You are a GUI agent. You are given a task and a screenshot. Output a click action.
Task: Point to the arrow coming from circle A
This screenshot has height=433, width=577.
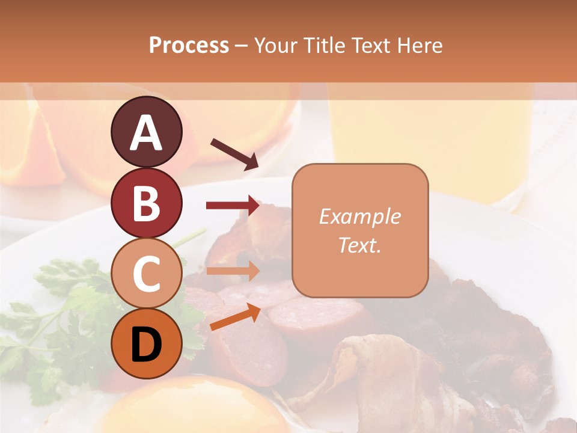(234, 154)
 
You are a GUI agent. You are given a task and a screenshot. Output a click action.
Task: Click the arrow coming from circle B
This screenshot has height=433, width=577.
(233, 206)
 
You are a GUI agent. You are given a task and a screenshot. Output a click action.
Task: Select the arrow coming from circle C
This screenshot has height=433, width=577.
(233, 271)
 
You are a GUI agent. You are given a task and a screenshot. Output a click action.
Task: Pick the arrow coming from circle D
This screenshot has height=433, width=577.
(235, 317)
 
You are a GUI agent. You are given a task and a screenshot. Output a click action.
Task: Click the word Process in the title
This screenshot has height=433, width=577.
(189, 46)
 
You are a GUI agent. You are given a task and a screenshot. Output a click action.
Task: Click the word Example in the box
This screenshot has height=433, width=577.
(359, 216)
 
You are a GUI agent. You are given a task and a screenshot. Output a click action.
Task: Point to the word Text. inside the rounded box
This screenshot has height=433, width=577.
(359, 245)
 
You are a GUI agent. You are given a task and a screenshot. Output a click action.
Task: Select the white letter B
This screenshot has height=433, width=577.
(146, 203)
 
